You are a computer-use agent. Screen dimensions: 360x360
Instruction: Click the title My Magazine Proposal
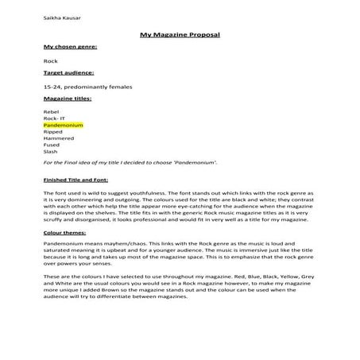tap(179, 36)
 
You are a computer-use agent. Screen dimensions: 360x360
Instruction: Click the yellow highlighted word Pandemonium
tap(63, 126)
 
